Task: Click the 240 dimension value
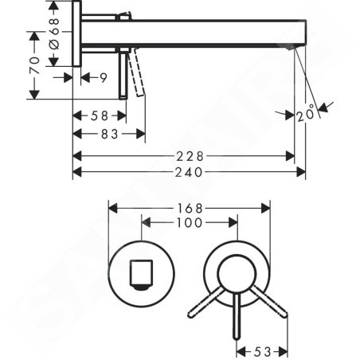click(189, 173)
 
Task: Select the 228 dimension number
click(190, 156)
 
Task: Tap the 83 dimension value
click(110, 134)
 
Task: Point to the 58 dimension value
click(100, 115)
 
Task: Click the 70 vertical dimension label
click(34, 65)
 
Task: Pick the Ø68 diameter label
click(54, 33)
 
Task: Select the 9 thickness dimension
click(104, 78)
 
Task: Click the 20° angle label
click(305, 114)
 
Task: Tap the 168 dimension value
click(190, 209)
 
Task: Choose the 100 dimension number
click(190, 222)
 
